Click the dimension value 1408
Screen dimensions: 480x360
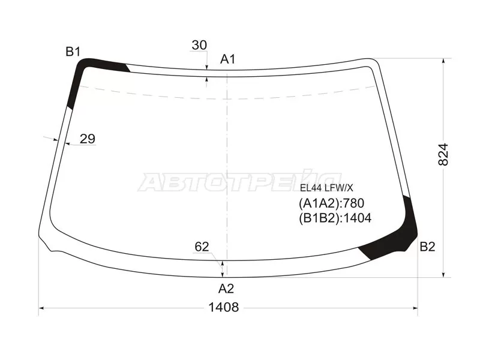pos(223,307)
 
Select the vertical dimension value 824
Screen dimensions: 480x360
pos(443,154)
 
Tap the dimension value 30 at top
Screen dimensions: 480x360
pos(199,45)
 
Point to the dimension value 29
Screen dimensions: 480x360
pos(88,139)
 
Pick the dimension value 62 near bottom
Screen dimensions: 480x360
pos(202,247)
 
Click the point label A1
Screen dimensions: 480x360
pos(227,59)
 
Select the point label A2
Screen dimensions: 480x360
pos(226,289)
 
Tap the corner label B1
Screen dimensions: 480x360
pos(73,52)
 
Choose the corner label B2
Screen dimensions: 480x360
pos(427,246)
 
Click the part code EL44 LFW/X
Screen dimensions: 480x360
pos(326,188)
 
